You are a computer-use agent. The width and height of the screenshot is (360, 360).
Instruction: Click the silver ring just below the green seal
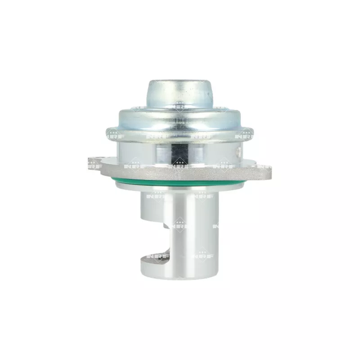(180, 187)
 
